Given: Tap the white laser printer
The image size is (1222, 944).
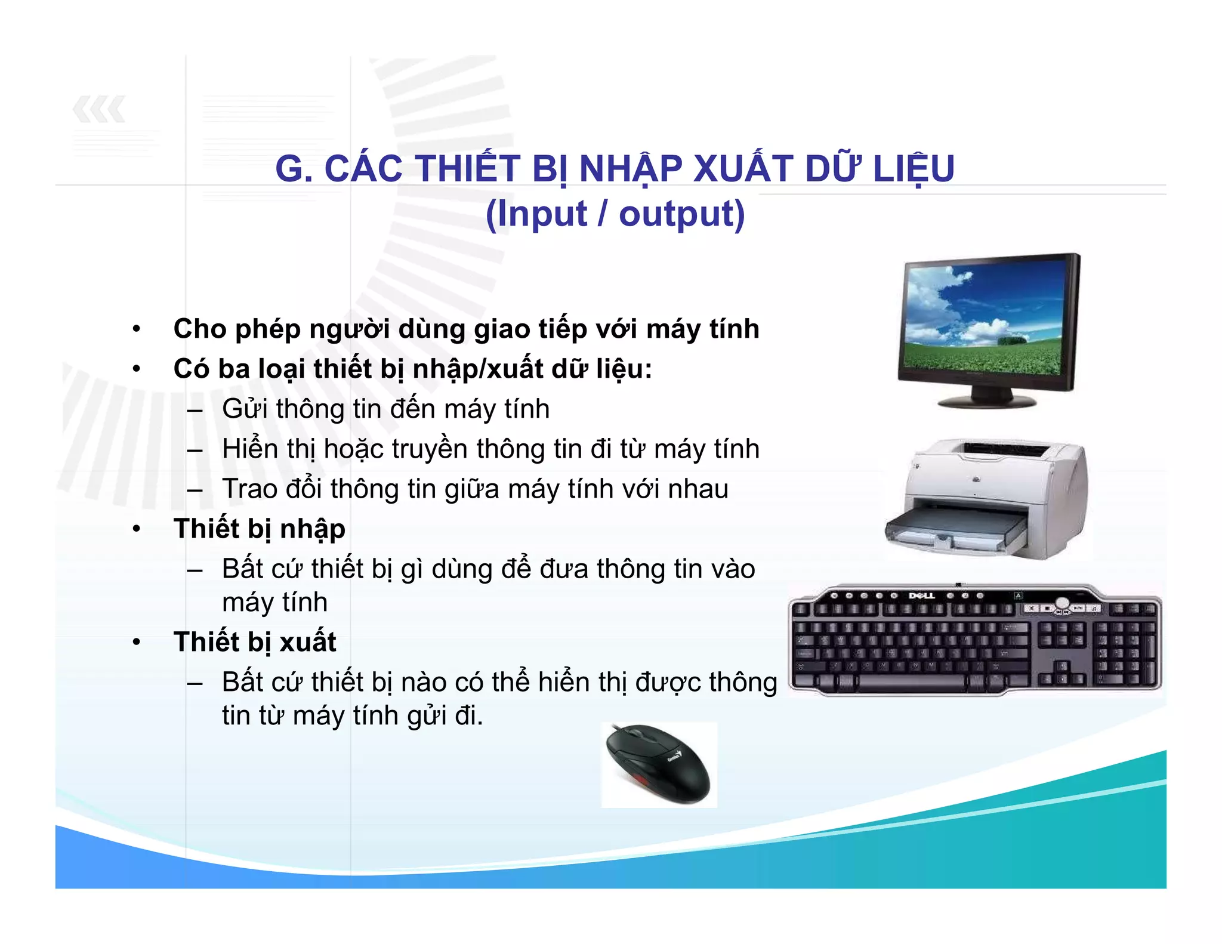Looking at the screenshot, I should click(988, 498).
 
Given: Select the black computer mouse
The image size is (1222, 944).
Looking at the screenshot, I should click(658, 763).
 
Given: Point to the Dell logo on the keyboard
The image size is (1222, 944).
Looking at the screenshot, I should click(922, 596).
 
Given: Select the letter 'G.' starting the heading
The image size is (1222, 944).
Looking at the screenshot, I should click(294, 169).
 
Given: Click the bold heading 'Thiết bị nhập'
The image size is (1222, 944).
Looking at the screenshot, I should click(259, 529).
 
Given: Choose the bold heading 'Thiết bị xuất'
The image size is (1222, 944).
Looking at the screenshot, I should click(255, 642).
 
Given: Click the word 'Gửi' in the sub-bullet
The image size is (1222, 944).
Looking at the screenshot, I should click(245, 409).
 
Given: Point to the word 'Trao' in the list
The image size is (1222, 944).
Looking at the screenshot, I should click(249, 489).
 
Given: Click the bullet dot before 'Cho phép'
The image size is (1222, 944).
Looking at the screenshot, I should click(137, 329).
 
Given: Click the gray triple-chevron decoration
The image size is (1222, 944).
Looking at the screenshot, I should click(99, 109).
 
